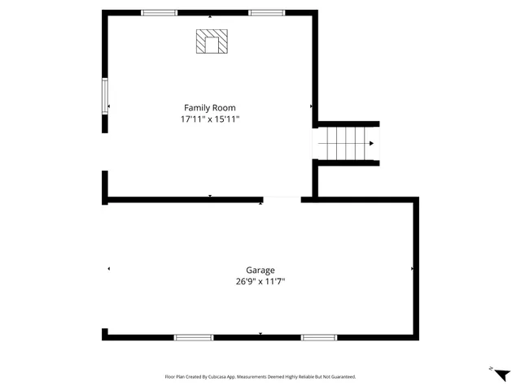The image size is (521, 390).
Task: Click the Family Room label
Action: (x=209, y=107)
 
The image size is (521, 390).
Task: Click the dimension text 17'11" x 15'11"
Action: (x=209, y=119)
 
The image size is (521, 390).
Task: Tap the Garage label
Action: (x=260, y=270)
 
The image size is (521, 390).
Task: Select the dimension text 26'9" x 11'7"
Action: (x=260, y=282)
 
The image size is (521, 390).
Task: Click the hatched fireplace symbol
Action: (x=212, y=42)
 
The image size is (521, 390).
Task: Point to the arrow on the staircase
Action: (x=371, y=144)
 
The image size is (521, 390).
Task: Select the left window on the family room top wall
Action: (x=160, y=13)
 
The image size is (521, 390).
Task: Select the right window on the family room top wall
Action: (x=267, y=13)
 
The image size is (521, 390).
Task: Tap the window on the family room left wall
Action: (x=104, y=96)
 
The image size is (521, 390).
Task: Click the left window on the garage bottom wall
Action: (x=194, y=337)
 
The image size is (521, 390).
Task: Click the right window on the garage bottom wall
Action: (x=319, y=337)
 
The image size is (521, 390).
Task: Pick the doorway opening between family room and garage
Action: (x=282, y=199)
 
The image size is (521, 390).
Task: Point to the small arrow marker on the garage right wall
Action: (x=413, y=268)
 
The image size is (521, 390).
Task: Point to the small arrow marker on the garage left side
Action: (x=108, y=268)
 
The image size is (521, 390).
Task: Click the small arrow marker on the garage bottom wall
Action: (x=260, y=334)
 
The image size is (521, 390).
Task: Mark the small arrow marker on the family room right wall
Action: (x=311, y=106)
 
